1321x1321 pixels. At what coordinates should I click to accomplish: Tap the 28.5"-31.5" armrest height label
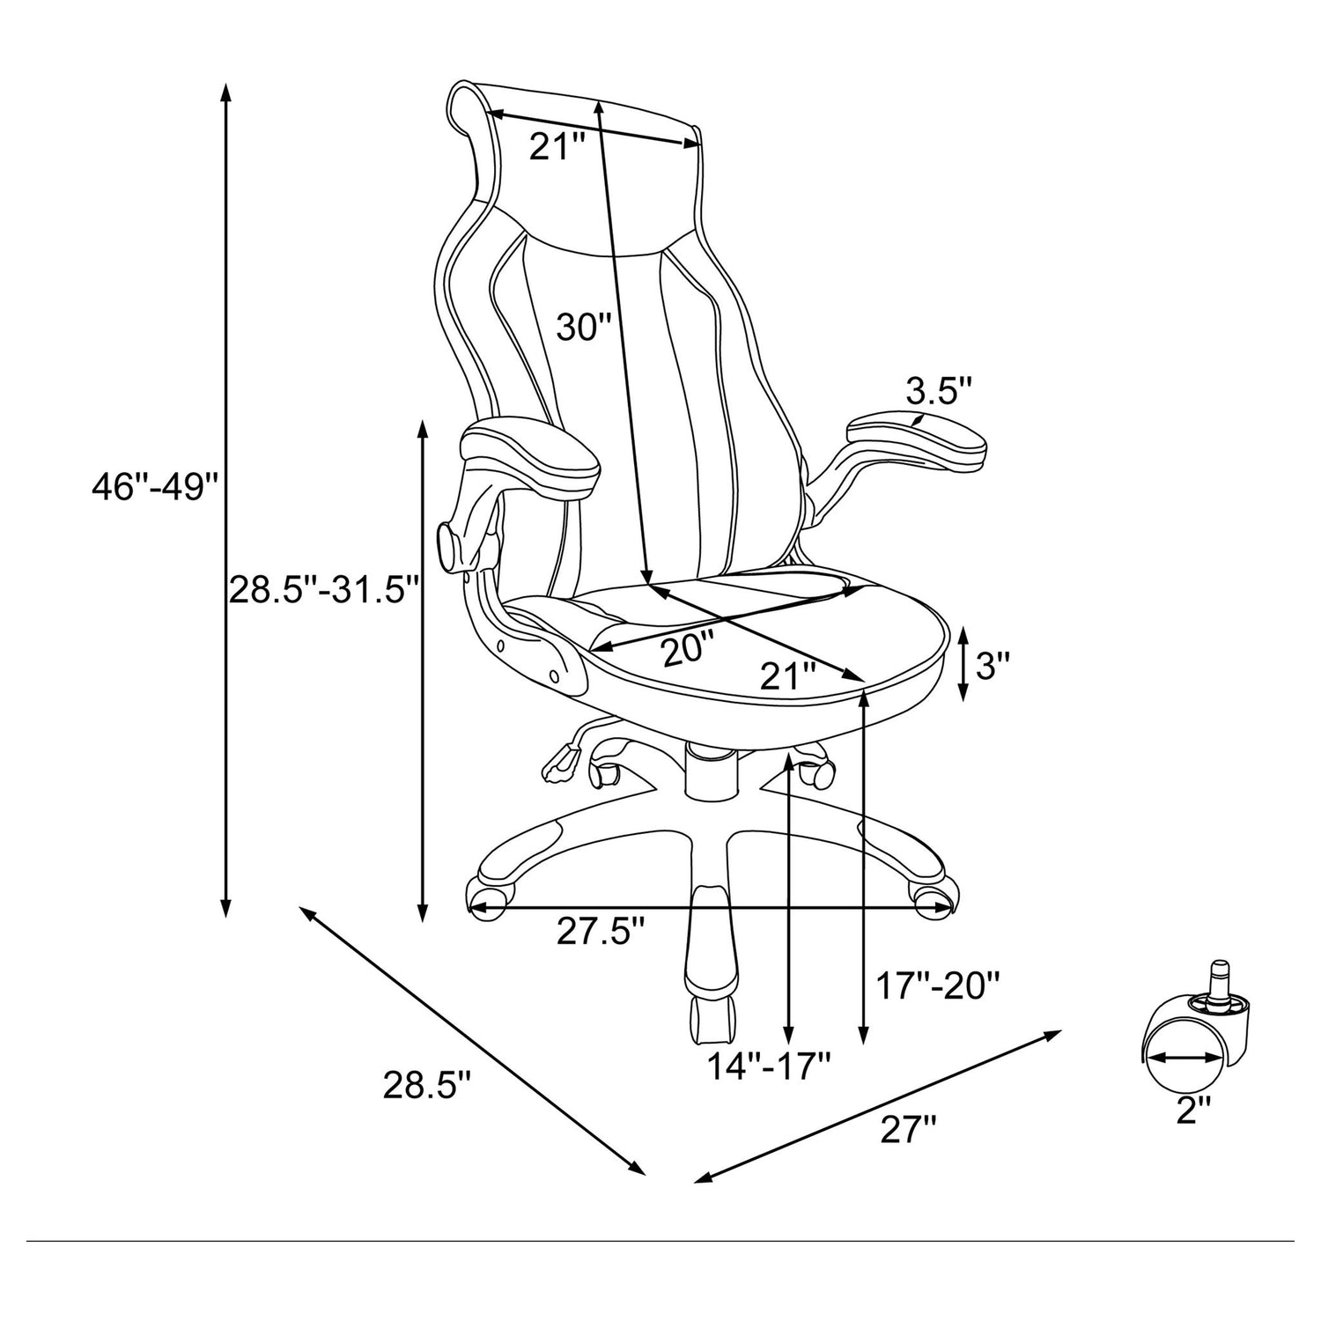[x=321, y=589]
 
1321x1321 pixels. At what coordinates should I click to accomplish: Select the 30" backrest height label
[x=583, y=328]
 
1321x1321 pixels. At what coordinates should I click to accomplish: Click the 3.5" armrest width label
[x=939, y=390]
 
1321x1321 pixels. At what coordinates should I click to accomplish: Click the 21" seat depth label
[x=788, y=676]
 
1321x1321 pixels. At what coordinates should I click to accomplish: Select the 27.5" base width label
[x=601, y=932]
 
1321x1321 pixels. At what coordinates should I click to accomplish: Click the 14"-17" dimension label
[x=771, y=1066]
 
